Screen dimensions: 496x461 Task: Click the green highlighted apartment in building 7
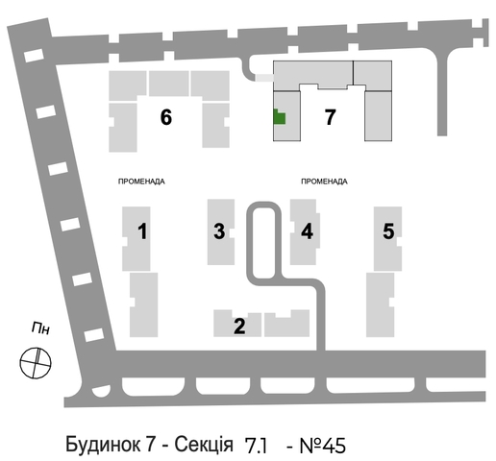(x=279, y=118)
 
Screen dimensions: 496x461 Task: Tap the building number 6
(x=166, y=117)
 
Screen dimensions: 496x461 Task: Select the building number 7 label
(x=330, y=117)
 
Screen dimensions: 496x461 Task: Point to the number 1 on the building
(x=142, y=231)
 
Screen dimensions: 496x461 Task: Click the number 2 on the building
(x=239, y=326)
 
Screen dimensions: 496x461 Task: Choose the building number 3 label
(x=219, y=231)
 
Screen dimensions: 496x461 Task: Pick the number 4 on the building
(x=307, y=231)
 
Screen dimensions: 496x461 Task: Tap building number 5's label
(x=388, y=231)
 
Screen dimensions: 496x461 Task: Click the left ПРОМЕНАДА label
(x=141, y=182)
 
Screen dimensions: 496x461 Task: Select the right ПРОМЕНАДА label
(x=324, y=182)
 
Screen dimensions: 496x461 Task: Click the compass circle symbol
(x=36, y=363)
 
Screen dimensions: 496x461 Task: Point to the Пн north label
(x=41, y=328)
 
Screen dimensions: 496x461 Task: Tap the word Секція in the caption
(x=204, y=445)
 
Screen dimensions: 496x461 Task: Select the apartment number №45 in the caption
(x=323, y=446)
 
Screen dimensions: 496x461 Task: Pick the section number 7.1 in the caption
(x=256, y=446)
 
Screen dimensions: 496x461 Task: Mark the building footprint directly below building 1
(x=143, y=304)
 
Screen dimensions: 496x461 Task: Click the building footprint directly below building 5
(x=380, y=304)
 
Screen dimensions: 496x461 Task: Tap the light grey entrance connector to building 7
(x=264, y=78)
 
